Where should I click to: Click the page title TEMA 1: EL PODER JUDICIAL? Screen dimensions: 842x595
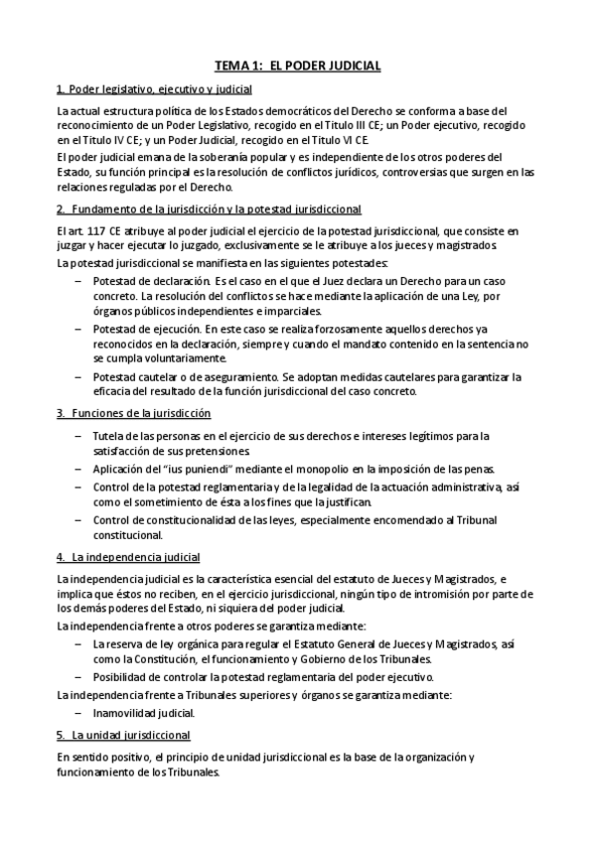pyautogui.click(x=298, y=66)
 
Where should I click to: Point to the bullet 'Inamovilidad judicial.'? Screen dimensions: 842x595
pyautogui.click(x=143, y=713)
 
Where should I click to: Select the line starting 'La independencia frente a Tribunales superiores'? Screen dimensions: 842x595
pyautogui.click(x=253, y=695)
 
